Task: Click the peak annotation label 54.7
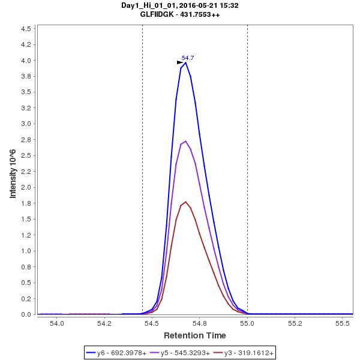pyautogui.click(x=188, y=58)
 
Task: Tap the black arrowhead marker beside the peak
pyautogui.click(x=180, y=62)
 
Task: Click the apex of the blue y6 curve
pyautogui.click(x=186, y=62)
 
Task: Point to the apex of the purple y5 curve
pyautogui.click(x=186, y=142)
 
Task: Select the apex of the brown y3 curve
pyautogui.click(x=186, y=202)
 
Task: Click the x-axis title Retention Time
pyautogui.click(x=195, y=335)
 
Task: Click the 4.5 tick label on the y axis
pyautogui.click(x=26, y=29)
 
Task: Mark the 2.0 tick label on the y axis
pyautogui.click(x=26, y=187)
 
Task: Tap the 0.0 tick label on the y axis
pyautogui.click(x=26, y=314)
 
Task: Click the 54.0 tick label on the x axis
pyautogui.click(x=56, y=323)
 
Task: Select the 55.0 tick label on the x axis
pyautogui.click(x=247, y=323)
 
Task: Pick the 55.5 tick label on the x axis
pyautogui.click(x=343, y=323)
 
